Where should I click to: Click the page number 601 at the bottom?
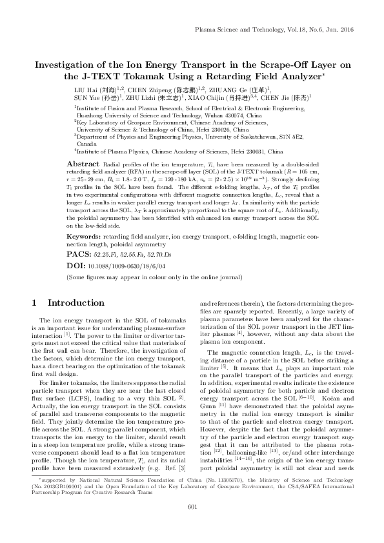coord(192,526)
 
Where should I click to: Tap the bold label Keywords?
coord(87,218)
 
